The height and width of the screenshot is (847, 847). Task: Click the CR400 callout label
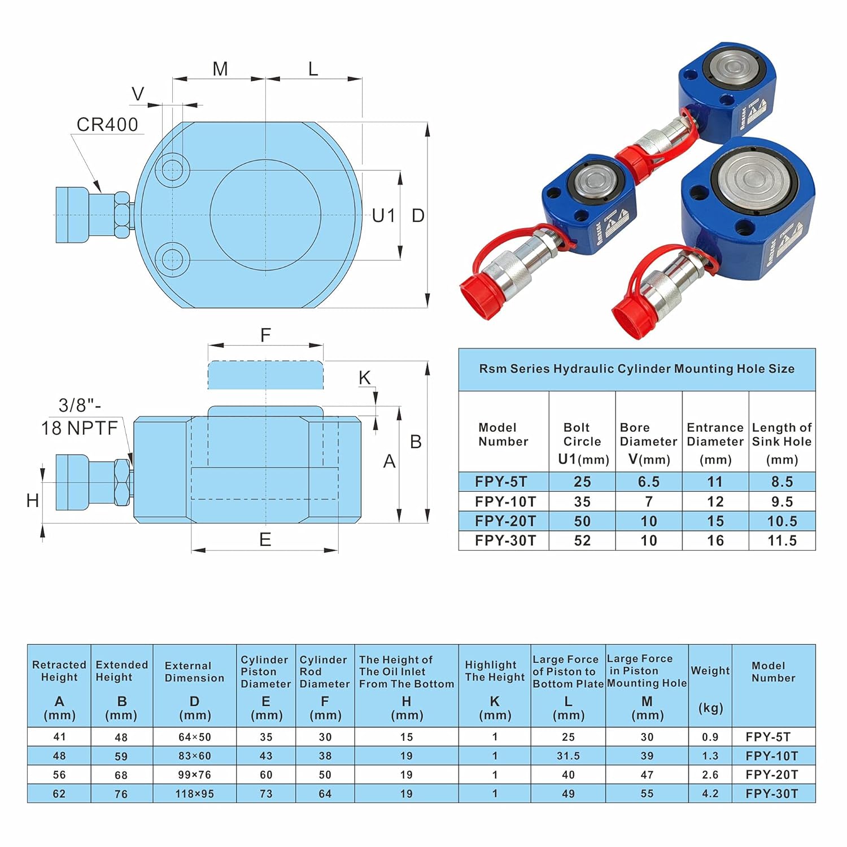pyautogui.click(x=107, y=124)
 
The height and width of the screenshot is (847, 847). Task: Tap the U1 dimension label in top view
pyautogui.click(x=383, y=215)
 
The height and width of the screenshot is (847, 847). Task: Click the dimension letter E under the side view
pyautogui.click(x=265, y=540)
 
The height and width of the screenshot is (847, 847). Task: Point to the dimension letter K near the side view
pyautogui.click(x=365, y=378)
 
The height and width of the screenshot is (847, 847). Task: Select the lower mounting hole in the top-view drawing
pyautogui.click(x=172, y=260)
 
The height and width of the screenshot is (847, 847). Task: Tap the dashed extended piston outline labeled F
pyautogui.click(x=265, y=375)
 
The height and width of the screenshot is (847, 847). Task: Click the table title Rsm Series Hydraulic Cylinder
pyautogui.click(x=636, y=369)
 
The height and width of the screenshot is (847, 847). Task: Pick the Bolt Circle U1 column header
pyautogui.click(x=582, y=443)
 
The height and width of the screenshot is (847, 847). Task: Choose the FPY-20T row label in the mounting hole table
pyautogui.click(x=504, y=521)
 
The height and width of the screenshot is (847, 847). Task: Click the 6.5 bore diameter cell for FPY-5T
pyautogui.click(x=649, y=482)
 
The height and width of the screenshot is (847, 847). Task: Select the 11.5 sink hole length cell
pyautogui.click(x=782, y=540)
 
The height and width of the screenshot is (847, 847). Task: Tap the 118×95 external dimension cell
pyautogui.click(x=194, y=793)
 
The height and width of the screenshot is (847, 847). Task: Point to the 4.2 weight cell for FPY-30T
pyautogui.click(x=710, y=793)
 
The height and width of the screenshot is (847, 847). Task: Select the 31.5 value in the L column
pyautogui.click(x=568, y=756)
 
